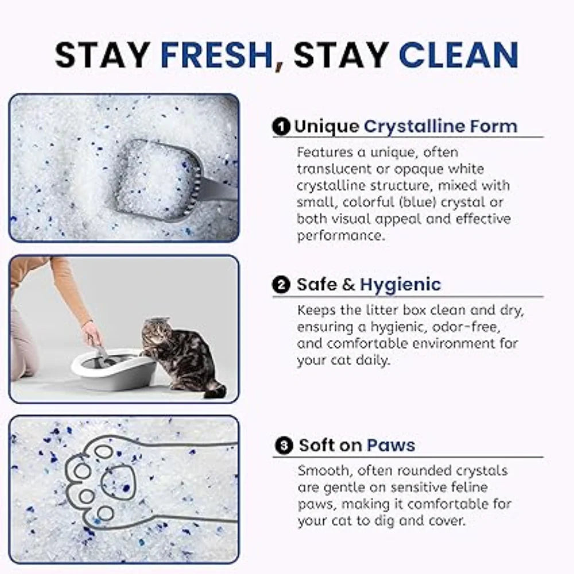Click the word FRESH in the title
[216, 55]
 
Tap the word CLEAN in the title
[458, 55]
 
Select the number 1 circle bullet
[281, 127]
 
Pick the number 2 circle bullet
[281, 285]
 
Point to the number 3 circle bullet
[284, 446]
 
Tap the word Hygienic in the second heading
[400, 285]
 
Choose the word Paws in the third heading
[390, 445]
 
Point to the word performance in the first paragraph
[341, 236]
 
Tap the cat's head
[156, 331]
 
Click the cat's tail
[215, 390]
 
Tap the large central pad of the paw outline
[118, 483]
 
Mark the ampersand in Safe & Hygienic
[348, 285]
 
